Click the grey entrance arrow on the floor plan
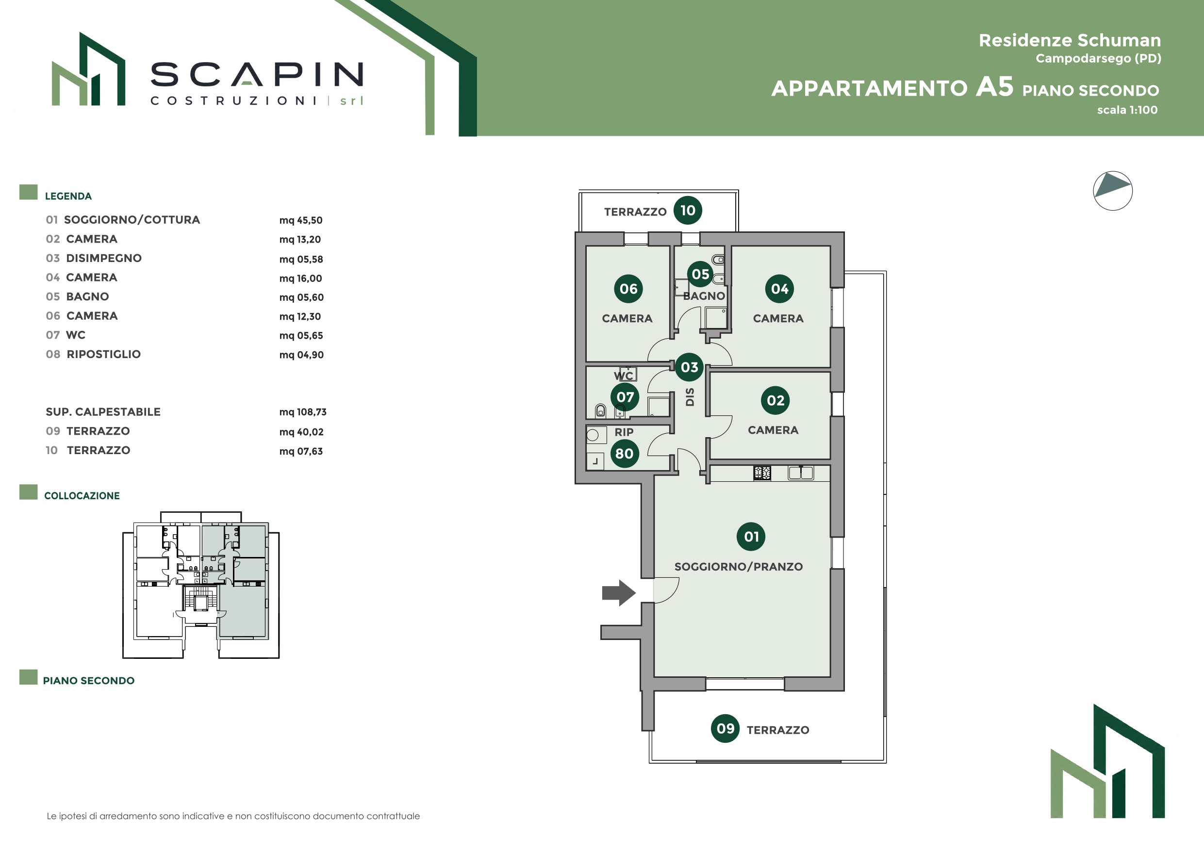[619, 593]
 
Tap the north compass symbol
[1113, 191]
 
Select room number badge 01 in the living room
[751, 537]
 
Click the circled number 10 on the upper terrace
[688, 210]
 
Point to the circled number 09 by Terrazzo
[725, 728]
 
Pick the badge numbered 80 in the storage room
[625, 454]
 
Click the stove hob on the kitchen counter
[762, 473]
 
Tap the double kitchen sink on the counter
[801, 473]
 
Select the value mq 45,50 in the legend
[301, 220]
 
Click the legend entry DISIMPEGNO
[104, 258]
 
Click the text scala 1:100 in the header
[1127, 110]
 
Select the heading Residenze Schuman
[1070, 40]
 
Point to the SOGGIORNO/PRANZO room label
[738, 566]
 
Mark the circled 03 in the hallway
[690, 367]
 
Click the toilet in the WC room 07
[600, 410]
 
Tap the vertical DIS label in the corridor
[690, 397]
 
